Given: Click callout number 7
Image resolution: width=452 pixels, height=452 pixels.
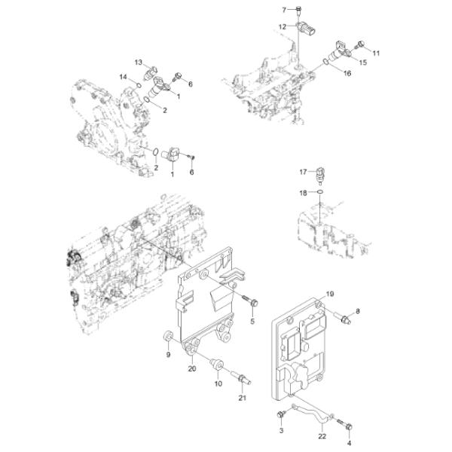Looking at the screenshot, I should coord(285,10).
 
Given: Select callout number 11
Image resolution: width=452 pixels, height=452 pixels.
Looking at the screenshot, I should coord(376,53).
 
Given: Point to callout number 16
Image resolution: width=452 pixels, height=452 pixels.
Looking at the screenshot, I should coord(347,73).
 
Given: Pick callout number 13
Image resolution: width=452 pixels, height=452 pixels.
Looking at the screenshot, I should coord(139,61).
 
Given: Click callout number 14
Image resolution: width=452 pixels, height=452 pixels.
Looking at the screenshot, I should coord(122,77).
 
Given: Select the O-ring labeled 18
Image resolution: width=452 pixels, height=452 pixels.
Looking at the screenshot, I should coord(321,193).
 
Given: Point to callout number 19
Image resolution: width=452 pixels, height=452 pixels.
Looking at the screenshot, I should coord(329,292).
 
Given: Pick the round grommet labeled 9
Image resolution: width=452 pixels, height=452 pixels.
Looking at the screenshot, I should coord(168,336).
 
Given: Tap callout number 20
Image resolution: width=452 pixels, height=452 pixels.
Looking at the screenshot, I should coord(192,368).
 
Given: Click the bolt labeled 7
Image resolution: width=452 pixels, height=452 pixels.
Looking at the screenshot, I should coord(299,11).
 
